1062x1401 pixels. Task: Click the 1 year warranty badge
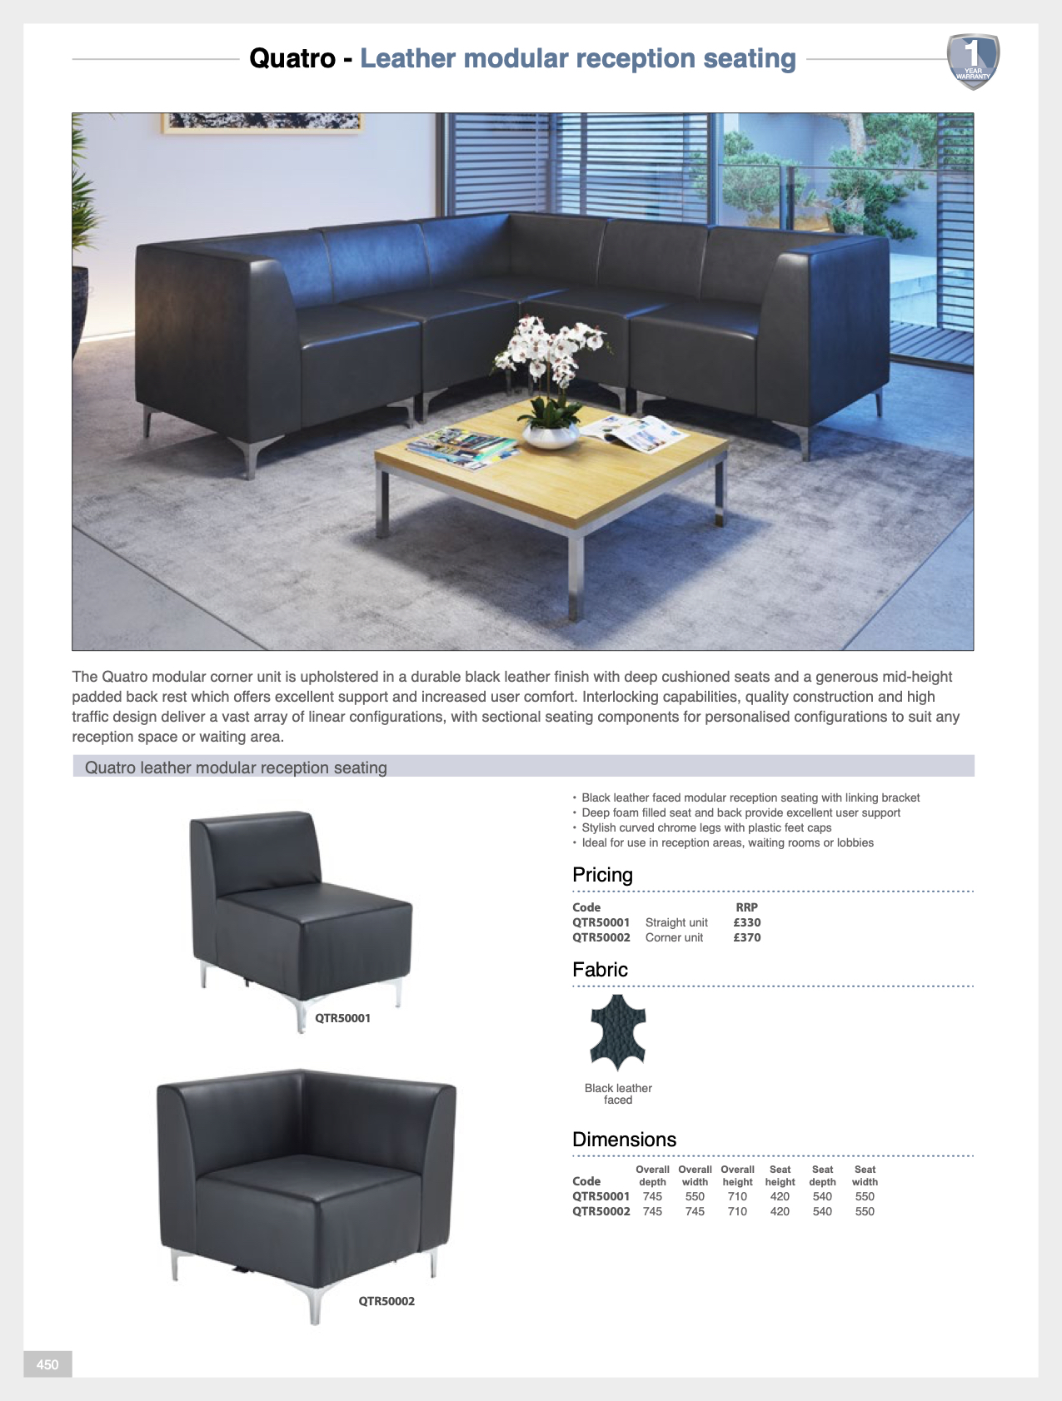tap(973, 61)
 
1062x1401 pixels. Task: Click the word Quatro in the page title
tap(292, 59)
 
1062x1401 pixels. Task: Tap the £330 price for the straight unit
tap(746, 922)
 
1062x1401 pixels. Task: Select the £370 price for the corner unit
tap(746, 937)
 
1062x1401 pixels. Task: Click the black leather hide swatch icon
tap(617, 1031)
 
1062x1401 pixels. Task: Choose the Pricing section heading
tap(602, 875)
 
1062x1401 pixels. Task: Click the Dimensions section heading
tap(624, 1140)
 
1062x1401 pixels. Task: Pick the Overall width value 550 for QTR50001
tap(695, 1196)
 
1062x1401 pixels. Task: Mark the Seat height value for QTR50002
tap(780, 1211)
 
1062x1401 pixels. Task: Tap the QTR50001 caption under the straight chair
tap(342, 1018)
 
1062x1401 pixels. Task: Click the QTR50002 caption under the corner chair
tap(386, 1301)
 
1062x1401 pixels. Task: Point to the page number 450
tap(47, 1364)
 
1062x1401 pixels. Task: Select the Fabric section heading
tap(600, 970)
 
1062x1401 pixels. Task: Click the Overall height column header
tap(737, 1175)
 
